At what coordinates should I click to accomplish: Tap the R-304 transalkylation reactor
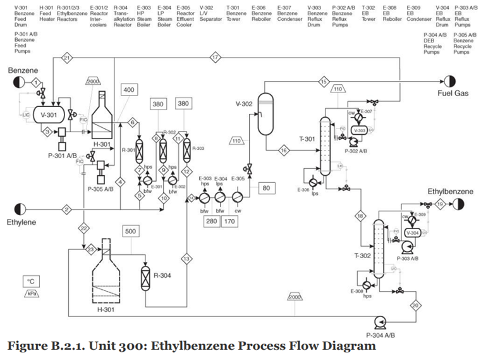(x=145, y=276)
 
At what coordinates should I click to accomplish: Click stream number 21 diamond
(x=66, y=58)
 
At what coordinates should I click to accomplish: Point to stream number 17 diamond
(x=216, y=58)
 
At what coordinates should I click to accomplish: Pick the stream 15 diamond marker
(x=324, y=81)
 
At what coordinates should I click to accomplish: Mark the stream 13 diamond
(x=186, y=258)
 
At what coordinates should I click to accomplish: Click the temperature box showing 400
(x=128, y=90)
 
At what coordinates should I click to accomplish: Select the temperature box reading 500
(x=131, y=232)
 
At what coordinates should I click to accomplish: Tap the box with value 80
(x=266, y=188)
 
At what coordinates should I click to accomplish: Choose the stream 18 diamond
(x=362, y=216)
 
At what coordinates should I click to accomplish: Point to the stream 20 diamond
(x=415, y=305)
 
